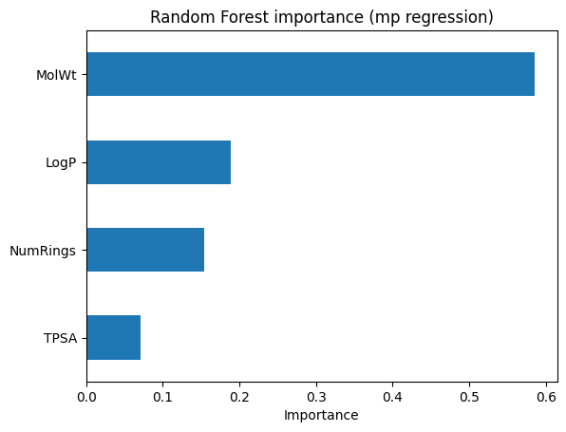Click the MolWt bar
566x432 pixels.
[311, 74]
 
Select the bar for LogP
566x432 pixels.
[159, 162]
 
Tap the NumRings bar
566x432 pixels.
[145, 250]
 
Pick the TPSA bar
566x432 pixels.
[113, 337]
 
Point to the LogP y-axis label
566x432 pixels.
[61, 162]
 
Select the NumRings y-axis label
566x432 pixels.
[44, 251]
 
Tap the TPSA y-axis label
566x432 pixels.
[60, 338]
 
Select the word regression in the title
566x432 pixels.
[448, 17]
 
